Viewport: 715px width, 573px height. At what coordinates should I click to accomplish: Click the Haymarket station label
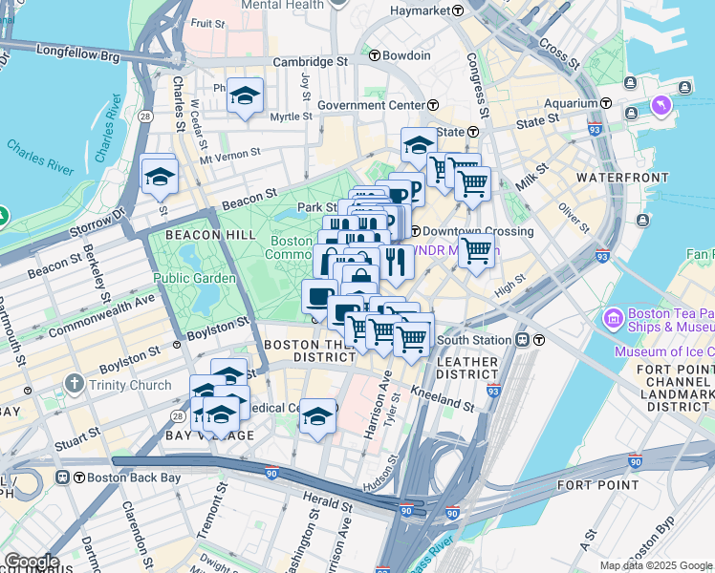click(x=421, y=11)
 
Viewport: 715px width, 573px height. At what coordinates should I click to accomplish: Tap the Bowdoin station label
click(x=406, y=55)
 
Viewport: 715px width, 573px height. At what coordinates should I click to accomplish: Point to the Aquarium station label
click(x=571, y=103)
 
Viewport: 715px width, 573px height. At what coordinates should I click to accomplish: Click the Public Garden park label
click(x=195, y=278)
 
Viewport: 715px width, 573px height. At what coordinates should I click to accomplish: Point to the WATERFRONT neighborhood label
click(x=616, y=178)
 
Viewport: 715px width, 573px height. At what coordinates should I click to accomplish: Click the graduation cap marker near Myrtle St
click(x=246, y=95)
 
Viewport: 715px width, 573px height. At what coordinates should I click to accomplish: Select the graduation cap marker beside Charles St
click(x=160, y=176)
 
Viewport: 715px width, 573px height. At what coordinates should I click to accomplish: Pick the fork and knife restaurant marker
click(x=395, y=259)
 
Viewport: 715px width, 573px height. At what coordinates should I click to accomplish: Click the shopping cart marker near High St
click(x=475, y=252)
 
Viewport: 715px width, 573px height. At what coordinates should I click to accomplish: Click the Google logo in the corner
click(x=31, y=562)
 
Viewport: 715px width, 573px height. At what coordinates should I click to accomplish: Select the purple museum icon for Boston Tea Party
click(x=615, y=315)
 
